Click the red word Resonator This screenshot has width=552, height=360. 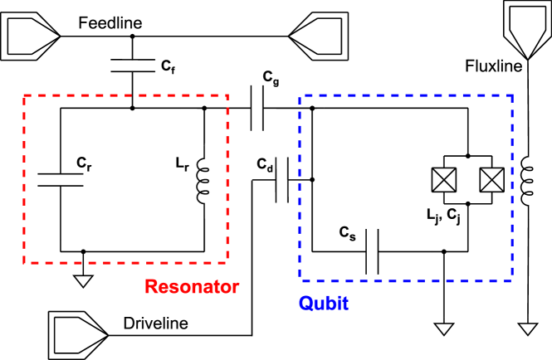pyautogui.click(x=192, y=287)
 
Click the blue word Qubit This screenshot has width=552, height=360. pyautogui.click(x=323, y=304)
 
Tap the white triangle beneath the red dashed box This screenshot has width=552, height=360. pyautogui.click(x=83, y=281)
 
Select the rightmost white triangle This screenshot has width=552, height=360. pyautogui.click(x=528, y=329)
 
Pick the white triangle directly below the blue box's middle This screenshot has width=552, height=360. pyautogui.click(x=444, y=329)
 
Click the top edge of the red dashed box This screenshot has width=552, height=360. pyautogui.click(x=126, y=96)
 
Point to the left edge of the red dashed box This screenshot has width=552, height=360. pyautogui.click(x=25, y=179)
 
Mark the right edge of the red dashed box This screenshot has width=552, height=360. pyautogui.click(x=227, y=179)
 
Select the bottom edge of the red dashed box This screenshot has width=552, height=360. pyautogui.click(x=126, y=262)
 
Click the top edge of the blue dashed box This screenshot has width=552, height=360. pyautogui.click(x=406, y=96)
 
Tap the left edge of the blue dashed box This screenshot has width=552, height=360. pyautogui.click(x=300, y=188)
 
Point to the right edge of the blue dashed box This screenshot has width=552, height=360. pyautogui.click(x=512, y=188)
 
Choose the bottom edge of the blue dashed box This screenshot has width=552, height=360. pyautogui.click(x=406, y=280)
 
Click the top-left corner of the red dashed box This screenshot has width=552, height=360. pyautogui.click(x=25, y=96)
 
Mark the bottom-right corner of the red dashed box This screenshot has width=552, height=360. pyautogui.click(x=227, y=262)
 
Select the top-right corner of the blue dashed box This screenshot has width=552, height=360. pyautogui.click(x=512, y=96)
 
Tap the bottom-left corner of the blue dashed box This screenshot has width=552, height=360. pyautogui.click(x=300, y=280)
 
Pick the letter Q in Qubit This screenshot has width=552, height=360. pyautogui.click(x=305, y=304)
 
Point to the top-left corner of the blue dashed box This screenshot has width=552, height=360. pyautogui.click(x=300, y=96)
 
